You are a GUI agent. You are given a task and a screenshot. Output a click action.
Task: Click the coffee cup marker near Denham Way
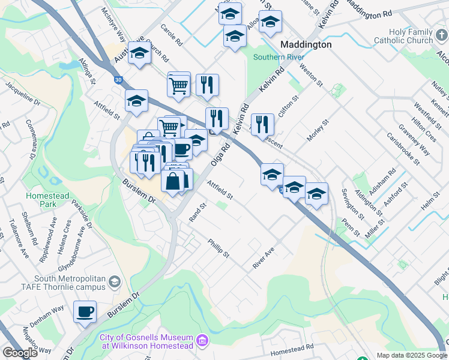(x=85, y=312)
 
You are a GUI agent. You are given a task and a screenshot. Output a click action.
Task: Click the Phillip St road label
(x=218, y=248)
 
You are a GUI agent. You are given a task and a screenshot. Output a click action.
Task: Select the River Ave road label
(x=264, y=258)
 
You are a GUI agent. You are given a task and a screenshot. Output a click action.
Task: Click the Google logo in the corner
(x=20, y=353)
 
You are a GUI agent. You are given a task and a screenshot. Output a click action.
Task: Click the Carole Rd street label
(x=171, y=37)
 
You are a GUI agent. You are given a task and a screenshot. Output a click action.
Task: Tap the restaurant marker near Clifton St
(x=262, y=125)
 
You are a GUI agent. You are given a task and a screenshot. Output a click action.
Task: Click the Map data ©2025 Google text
(x=411, y=355)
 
